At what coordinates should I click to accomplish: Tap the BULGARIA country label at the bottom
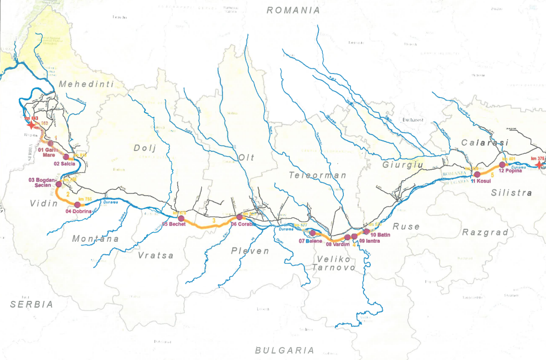coord(285,350)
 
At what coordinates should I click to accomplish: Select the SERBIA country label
coord(32,304)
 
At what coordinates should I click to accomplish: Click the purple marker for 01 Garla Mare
coord(50,143)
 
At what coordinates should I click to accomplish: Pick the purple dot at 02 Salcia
coord(66,157)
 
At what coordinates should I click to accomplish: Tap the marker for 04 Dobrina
coord(77,205)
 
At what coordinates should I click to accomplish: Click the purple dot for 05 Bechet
coord(181,218)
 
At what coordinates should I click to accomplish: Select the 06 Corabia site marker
coord(239,217)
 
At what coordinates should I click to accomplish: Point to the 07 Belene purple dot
coord(313,233)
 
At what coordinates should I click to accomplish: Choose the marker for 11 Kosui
coord(477,174)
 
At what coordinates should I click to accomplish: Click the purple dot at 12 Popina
coord(502,165)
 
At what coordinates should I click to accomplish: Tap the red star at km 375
coord(539,165)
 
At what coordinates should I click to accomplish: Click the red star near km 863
coord(31,125)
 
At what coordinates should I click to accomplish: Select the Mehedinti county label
coord(86,84)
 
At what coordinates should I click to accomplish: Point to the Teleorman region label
coord(317,175)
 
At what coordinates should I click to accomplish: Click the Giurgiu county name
coord(402,165)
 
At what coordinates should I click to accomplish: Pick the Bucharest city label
coord(413,120)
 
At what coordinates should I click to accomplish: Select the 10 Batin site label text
coord(380,235)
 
